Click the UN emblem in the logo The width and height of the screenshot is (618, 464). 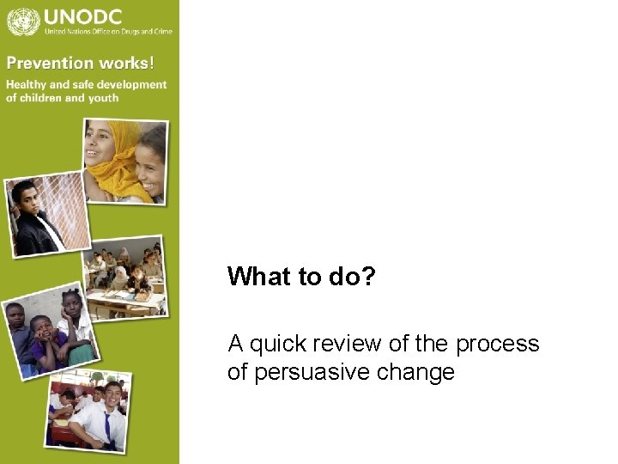pyautogui.click(x=23, y=20)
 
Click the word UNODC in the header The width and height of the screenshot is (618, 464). pyautogui.click(x=82, y=15)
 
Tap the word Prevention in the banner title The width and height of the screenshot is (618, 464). pyautogui.click(x=48, y=63)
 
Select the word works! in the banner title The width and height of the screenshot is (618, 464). pyautogui.click(x=126, y=63)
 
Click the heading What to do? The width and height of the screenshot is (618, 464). pyautogui.click(x=301, y=277)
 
